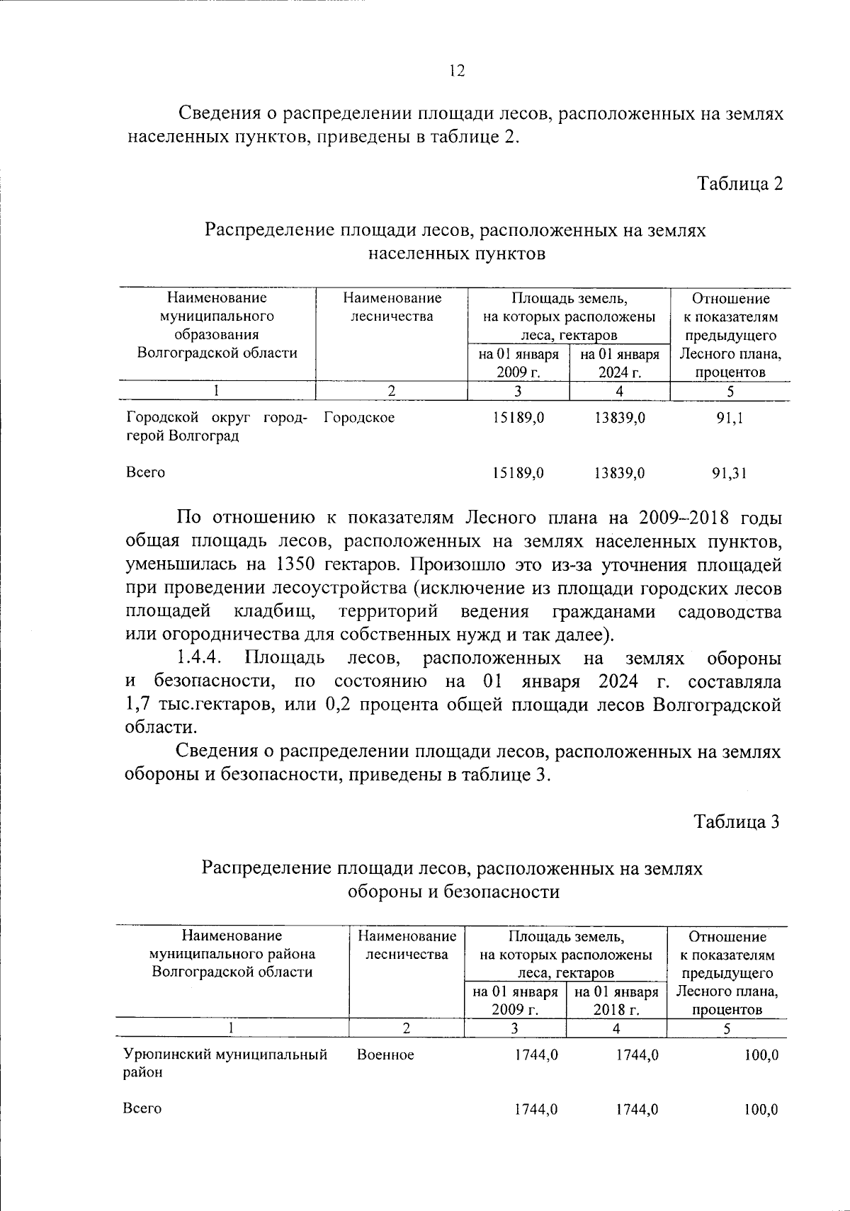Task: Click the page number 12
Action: click(x=457, y=71)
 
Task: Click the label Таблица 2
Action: click(x=740, y=184)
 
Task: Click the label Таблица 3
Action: click(x=737, y=821)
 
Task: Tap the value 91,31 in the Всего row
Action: click(x=730, y=473)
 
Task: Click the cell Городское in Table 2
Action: click(x=359, y=419)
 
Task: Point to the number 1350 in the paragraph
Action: click(x=290, y=565)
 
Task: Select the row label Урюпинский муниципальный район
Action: click(x=225, y=1063)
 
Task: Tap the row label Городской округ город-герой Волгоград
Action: click(x=216, y=427)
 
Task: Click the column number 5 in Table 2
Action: click(x=730, y=391)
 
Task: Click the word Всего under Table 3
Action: click(x=142, y=1109)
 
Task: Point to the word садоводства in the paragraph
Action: click(x=729, y=612)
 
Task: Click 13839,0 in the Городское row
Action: click(x=620, y=419)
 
